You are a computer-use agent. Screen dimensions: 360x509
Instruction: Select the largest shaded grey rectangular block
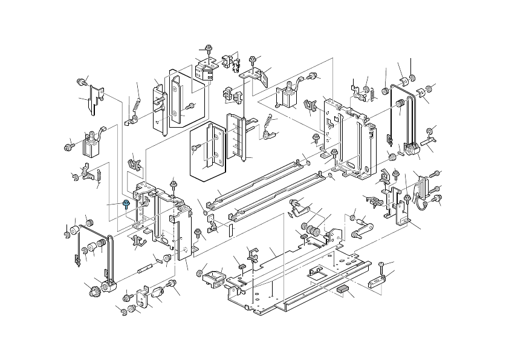coord(343,289)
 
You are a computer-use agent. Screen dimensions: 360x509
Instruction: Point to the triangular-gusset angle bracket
coord(256,77)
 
